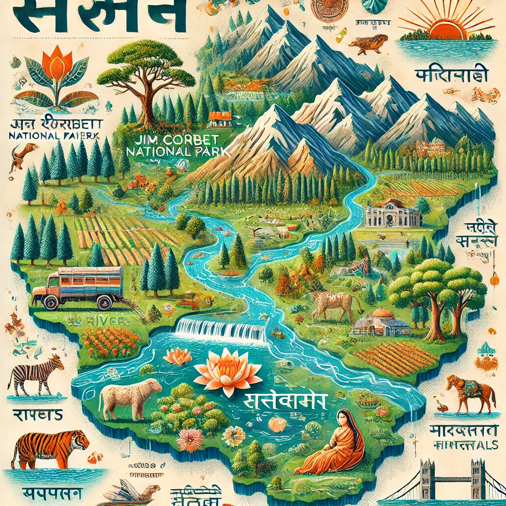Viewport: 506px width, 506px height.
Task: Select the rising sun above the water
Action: (447, 27)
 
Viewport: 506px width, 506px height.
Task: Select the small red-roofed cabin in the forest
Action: (220, 119)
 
